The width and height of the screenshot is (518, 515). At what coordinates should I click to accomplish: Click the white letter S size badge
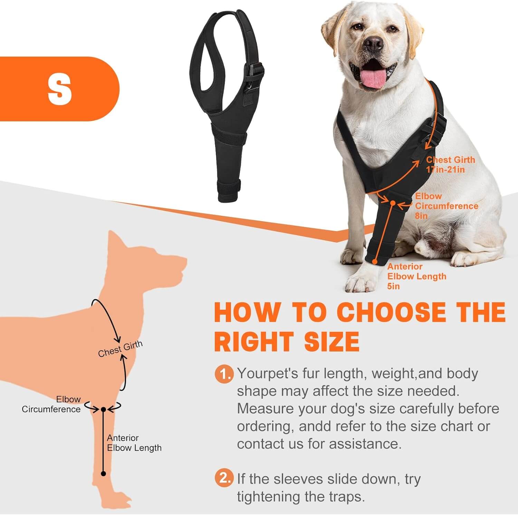point(60,89)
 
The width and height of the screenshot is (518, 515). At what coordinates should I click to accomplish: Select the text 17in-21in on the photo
point(445,170)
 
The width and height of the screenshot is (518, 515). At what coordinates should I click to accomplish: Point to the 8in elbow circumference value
point(421,216)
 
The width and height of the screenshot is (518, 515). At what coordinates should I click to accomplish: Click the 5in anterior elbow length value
point(393,286)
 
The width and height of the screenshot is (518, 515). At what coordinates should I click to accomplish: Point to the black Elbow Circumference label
point(51,404)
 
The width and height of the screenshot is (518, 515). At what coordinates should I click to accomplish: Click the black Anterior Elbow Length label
point(134,443)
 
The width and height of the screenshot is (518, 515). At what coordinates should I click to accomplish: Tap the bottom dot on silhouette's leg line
point(103,474)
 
